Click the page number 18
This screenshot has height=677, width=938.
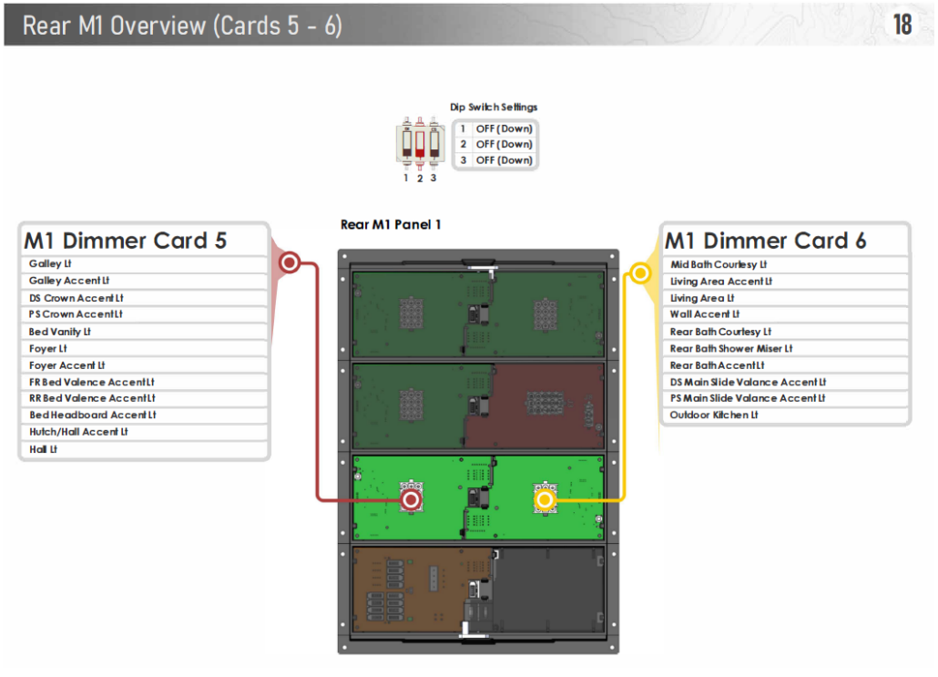pyautogui.click(x=902, y=25)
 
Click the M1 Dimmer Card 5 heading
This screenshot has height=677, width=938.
pyautogui.click(x=125, y=241)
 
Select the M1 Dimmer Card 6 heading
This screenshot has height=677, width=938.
pyautogui.click(x=765, y=241)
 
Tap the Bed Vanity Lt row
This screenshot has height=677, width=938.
pyautogui.click(x=60, y=332)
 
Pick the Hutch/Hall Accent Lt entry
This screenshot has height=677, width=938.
pyautogui.click(x=78, y=432)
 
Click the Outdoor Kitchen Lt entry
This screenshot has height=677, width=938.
pyautogui.click(x=714, y=415)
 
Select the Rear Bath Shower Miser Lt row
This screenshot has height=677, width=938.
pyautogui.click(x=731, y=348)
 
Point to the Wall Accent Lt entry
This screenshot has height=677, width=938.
pyautogui.click(x=699, y=314)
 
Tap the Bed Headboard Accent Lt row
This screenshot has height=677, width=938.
pyautogui.click(x=93, y=415)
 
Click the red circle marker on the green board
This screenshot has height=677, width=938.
pyautogui.click(x=412, y=499)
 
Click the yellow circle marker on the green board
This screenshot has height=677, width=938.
pyautogui.click(x=545, y=499)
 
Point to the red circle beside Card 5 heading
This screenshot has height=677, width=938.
pyautogui.click(x=290, y=264)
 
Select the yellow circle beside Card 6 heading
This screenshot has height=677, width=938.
pyautogui.click(x=641, y=272)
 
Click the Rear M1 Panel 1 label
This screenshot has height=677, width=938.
pyautogui.click(x=391, y=224)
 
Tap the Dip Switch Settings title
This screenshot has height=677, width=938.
pyautogui.click(x=494, y=108)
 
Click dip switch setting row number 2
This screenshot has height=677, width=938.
pyautogui.click(x=496, y=144)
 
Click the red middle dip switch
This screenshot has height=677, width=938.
pyautogui.click(x=420, y=143)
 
